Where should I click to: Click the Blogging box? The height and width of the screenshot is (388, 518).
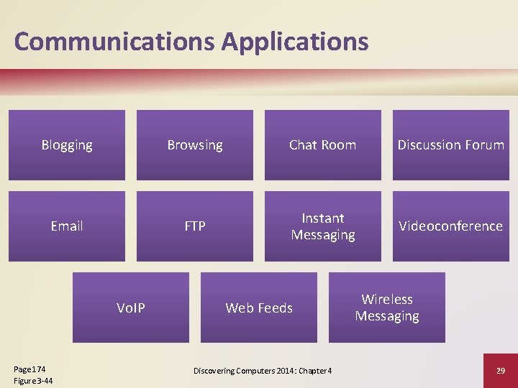pyautogui.click(x=67, y=144)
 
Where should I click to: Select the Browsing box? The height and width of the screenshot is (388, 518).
pyautogui.click(x=195, y=144)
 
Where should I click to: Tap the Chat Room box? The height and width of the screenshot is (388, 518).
pyautogui.click(x=322, y=144)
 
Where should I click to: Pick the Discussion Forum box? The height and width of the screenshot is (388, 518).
pyautogui.click(x=450, y=144)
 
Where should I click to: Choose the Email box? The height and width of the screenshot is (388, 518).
pyautogui.click(x=67, y=226)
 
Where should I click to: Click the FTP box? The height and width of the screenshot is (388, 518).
pyautogui.click(x=195, y=226)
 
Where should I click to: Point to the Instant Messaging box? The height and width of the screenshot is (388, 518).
pyautogui.click(x=322, y=226)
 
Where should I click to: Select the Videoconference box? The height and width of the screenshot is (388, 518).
pyautogui.click(x=450, y=226)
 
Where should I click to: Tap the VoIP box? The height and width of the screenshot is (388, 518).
pyautogui.click(x=131, y=308)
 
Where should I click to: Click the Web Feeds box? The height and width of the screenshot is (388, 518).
pyautogui.click(x=259, y=308)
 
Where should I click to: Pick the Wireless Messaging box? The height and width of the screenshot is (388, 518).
pyautogui.click(x=387, y=308)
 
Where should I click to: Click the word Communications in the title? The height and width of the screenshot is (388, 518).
pyautogui.click(x=114, y=42)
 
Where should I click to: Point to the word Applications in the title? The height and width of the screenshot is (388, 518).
pyautogui.click(x=295, y=42)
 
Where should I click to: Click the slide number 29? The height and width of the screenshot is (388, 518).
pyautogui.click(x=501, y=370)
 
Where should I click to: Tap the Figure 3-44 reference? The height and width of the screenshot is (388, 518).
pyautogui.click(x=33, y=380)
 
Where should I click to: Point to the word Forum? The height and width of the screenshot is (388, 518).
pyautogui.click(x=483, y=144)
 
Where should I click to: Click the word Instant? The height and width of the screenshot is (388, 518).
pyautogui.click(x=322, y=218)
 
